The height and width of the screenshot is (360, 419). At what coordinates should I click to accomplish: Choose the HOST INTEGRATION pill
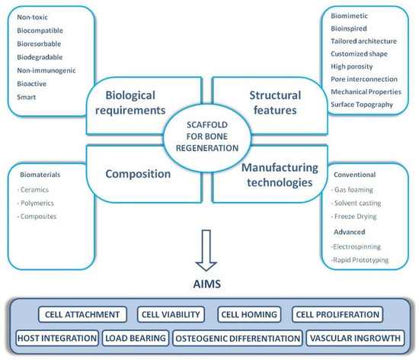[56, 337]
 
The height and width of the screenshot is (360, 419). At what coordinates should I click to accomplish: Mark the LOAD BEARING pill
[136, 337]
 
